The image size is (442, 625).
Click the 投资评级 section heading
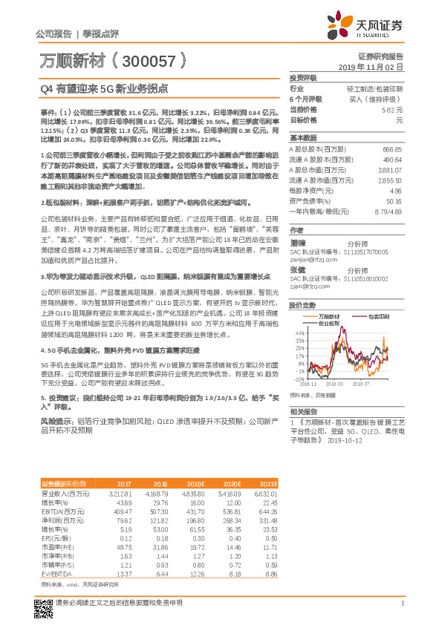pos(303,77)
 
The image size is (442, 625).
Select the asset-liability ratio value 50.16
pos(394,200)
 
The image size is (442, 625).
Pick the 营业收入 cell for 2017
pos(119,492)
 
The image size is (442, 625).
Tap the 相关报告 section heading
pos(303,411)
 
